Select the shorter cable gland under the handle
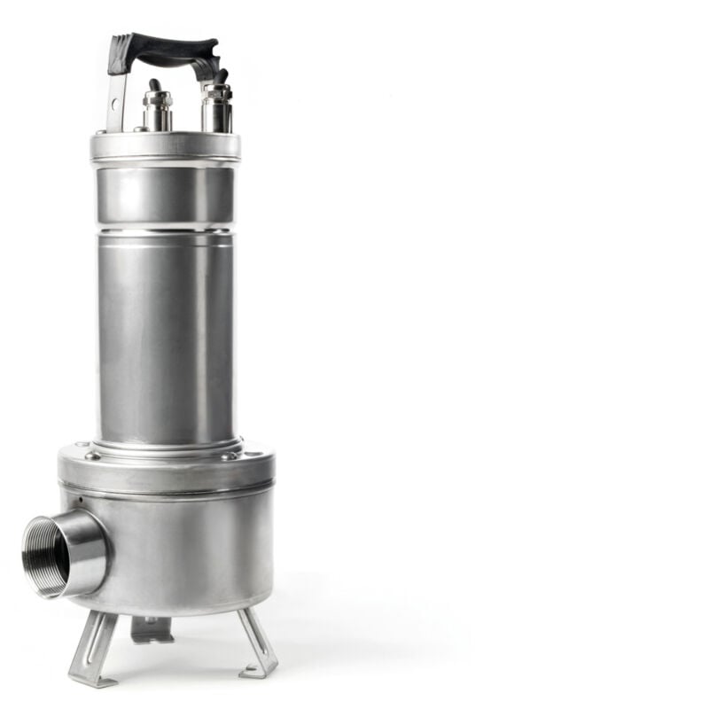[x=157, y=109]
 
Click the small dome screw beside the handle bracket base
[x=137, y=129]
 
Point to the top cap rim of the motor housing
[x=165, y=147]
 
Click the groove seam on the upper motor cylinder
[x=166, y=230]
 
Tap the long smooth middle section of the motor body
[x=166, y=337]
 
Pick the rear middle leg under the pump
[x=152, y=628]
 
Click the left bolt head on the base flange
[x=91, y=456]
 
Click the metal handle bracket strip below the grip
[x=115, y=97]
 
